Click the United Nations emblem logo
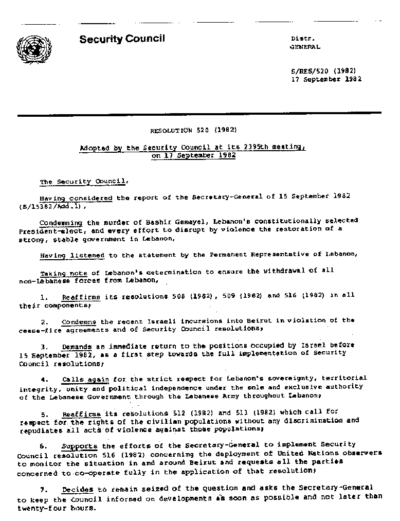pyautogui.click(x=34, y=49)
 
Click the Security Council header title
pyautogui.click(x=122, y=39)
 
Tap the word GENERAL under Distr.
pyautogui.click(x=305, y=47)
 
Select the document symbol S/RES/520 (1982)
pyautogui.click(x=323, y=71)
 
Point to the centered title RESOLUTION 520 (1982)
pyautogui.click(x=193, y=131)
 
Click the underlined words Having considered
pyautogui.click(x=76, y=197)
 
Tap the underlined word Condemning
pyautogui.click(x=61, y=223)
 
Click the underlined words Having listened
pyautogui.click(x=72, y=255)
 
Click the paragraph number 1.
pyautogui.click(x=44, y=297)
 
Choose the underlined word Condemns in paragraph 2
pyautogui.click(x=79, y=322)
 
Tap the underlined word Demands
pyautogui.click(x=77, y=347)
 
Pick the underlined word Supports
pyautogui.click(x=79, y=446)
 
